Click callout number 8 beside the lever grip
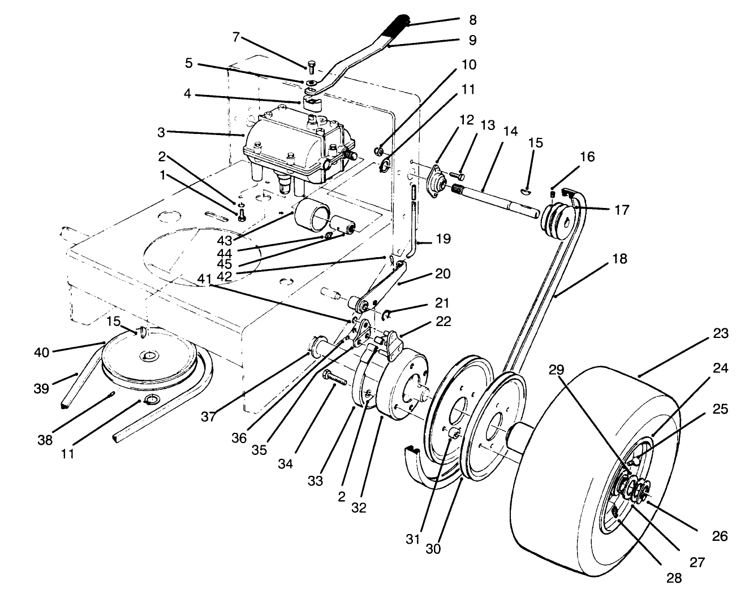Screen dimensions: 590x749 pyautogui.click(x=472, y=20)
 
